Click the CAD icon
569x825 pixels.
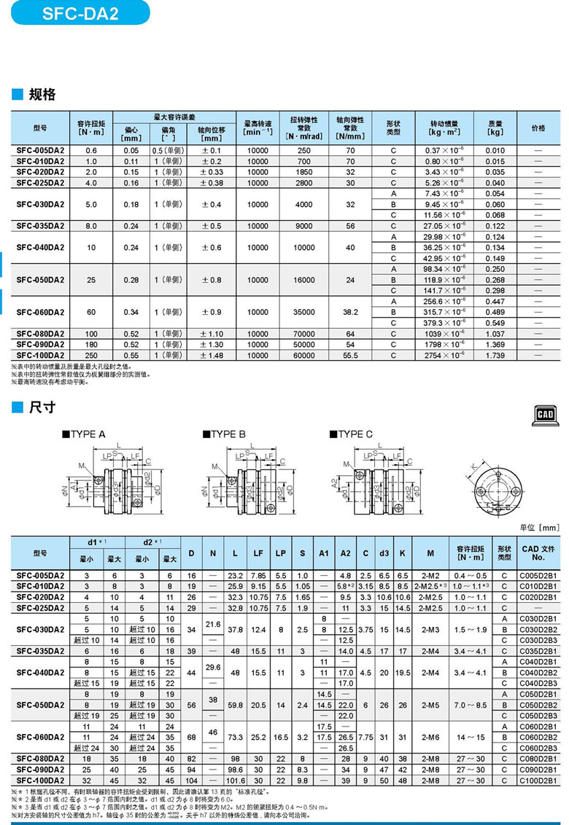pos(546,415)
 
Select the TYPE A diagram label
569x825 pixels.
pos(88,434)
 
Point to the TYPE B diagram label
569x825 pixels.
pos(227,434)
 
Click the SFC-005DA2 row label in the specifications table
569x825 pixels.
pos(40,150)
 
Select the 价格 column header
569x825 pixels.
pos(538,128)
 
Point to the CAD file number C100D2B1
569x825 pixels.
pos(538,780)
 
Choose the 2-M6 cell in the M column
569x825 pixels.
pos(430,737)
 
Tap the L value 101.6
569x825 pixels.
pos(236,780)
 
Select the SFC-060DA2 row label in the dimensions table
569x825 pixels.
pos(40,737)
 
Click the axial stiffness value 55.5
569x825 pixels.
pos(350,355)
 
